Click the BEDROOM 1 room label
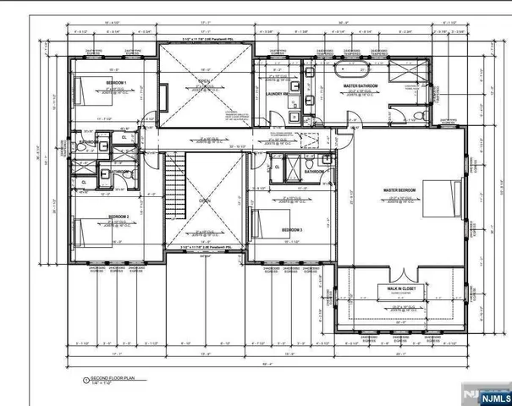point(116,82)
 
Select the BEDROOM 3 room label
point(292,230)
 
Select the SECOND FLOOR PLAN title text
point(107,380)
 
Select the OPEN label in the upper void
point(204,81)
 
